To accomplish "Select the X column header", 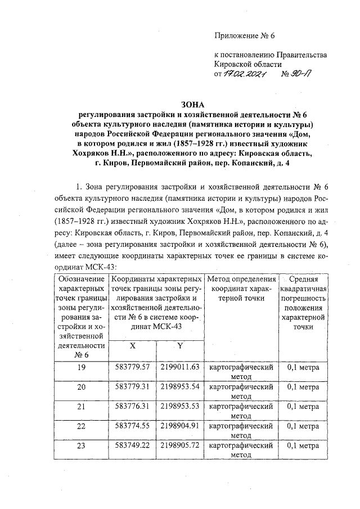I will (133, 346).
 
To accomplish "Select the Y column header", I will (180, 346).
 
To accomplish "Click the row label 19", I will (81, 368).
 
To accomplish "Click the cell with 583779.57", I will (133, 368).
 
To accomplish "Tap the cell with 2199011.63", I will (180, 368).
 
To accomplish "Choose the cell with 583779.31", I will (133, 388).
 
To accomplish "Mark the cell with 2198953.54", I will (180, 388).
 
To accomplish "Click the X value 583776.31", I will (133, 407).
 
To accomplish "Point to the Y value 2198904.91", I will (180, 426).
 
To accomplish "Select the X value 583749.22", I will (133, 445).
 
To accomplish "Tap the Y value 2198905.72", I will (180, 445).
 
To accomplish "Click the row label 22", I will (81, 426).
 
